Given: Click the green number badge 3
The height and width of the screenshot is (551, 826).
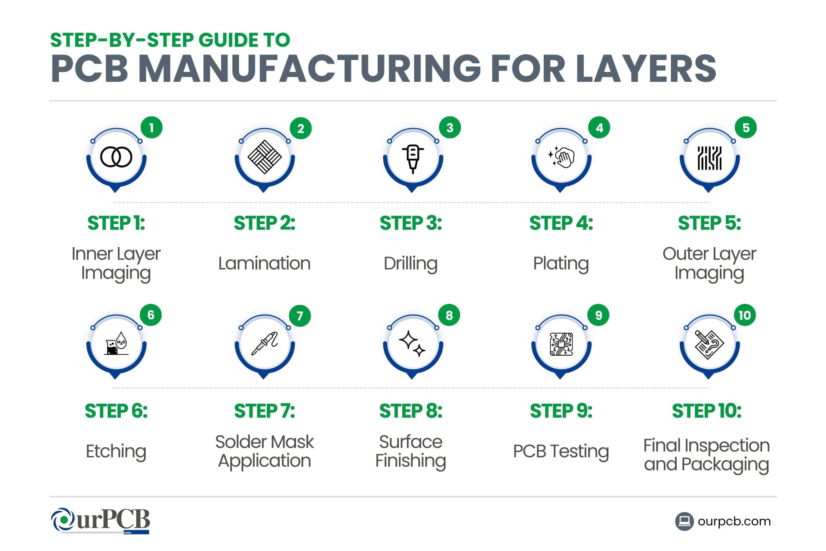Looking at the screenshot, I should (x=450, y=128).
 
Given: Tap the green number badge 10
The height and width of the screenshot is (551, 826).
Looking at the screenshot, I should (x=745, y=316).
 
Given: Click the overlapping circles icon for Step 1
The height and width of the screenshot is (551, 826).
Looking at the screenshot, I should (x=116, y=157).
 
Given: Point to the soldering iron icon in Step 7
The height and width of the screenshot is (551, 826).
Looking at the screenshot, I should (x=265, y=344).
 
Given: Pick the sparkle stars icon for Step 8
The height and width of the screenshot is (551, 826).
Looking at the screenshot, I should (x=412, y=344).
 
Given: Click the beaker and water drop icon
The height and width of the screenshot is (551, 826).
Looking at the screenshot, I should (x=116, y=344).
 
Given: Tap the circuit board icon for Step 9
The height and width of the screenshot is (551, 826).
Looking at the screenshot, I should (x=561, y=344).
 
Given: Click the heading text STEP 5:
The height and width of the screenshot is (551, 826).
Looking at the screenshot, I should (x=709, y=223).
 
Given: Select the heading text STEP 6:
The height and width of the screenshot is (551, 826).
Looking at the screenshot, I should (x=116, y=411).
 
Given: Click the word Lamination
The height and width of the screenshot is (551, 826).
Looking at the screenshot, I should (x=264, y=263).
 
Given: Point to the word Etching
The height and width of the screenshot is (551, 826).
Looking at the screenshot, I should (x=116, y=451).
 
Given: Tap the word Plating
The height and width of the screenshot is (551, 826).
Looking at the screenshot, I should (x=561, y=263).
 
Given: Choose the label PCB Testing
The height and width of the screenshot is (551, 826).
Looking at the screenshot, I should (x=561, y=451).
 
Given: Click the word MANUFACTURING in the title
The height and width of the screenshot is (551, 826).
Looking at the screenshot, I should (x=310, y=69).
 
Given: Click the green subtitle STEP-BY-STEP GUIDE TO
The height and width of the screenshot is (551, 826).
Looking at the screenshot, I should (x=170, y=40).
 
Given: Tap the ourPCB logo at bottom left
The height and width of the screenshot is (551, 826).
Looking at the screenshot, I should (x=100, y=520).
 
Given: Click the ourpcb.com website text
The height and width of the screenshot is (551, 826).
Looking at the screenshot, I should (x=734, y=521).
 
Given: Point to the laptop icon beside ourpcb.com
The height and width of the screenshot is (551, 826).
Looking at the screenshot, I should (x=684, y=521).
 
